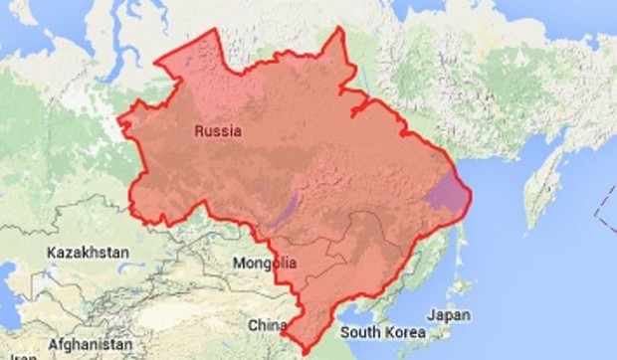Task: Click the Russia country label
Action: tap(218, 130)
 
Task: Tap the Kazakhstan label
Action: tap(88, 254)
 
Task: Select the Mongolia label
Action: tap(264, 264)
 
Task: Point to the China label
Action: tap(267, 324)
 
